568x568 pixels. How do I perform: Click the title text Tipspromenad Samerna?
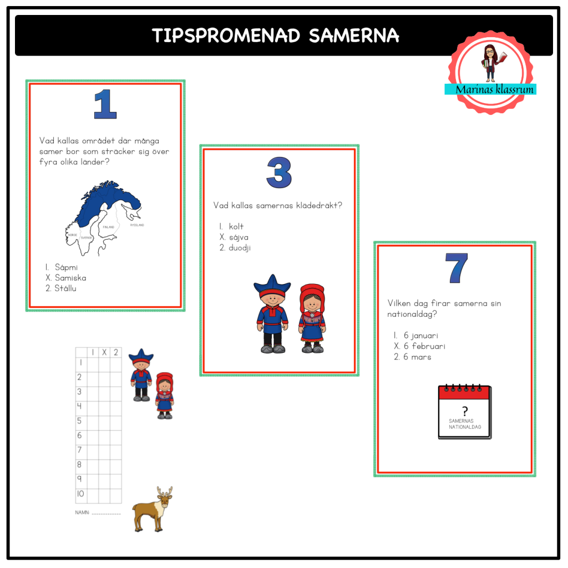(276, 35)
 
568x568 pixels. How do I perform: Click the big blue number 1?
(105, 104)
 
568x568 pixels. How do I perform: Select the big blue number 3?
(279, 172)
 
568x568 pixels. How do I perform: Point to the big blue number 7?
(456, 268)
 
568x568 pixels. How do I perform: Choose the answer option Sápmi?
(66, 267)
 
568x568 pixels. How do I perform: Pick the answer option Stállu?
(65, 288)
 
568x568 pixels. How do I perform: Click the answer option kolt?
(236, 226)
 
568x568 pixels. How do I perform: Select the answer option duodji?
(240, 248)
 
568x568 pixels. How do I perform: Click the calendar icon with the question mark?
(465, 412)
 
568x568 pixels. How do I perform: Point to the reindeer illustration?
(153, 509)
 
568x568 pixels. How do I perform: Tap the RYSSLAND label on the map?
(136, 225)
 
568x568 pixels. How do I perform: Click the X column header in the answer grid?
(103, 352)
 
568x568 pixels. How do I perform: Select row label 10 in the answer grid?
(81, 494)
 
